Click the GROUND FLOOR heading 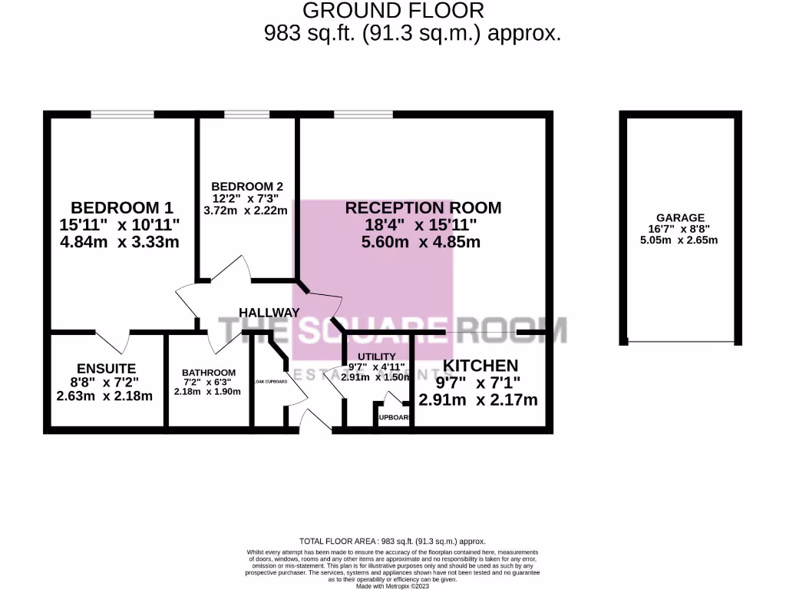click(394, 11)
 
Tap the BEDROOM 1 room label click(122, 207)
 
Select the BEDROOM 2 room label click(247, 186)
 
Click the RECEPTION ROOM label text click(423, 207)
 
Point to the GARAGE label click(679, 218)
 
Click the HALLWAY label click(269, 312)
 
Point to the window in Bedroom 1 click(122, 114)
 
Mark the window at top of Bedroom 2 click(246, 114)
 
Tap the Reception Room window click(363, 114)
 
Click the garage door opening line click(680, 342)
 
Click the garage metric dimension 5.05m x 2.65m click(679, 240)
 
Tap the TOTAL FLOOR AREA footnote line click(393, 542)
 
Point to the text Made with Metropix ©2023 click(393, 585)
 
